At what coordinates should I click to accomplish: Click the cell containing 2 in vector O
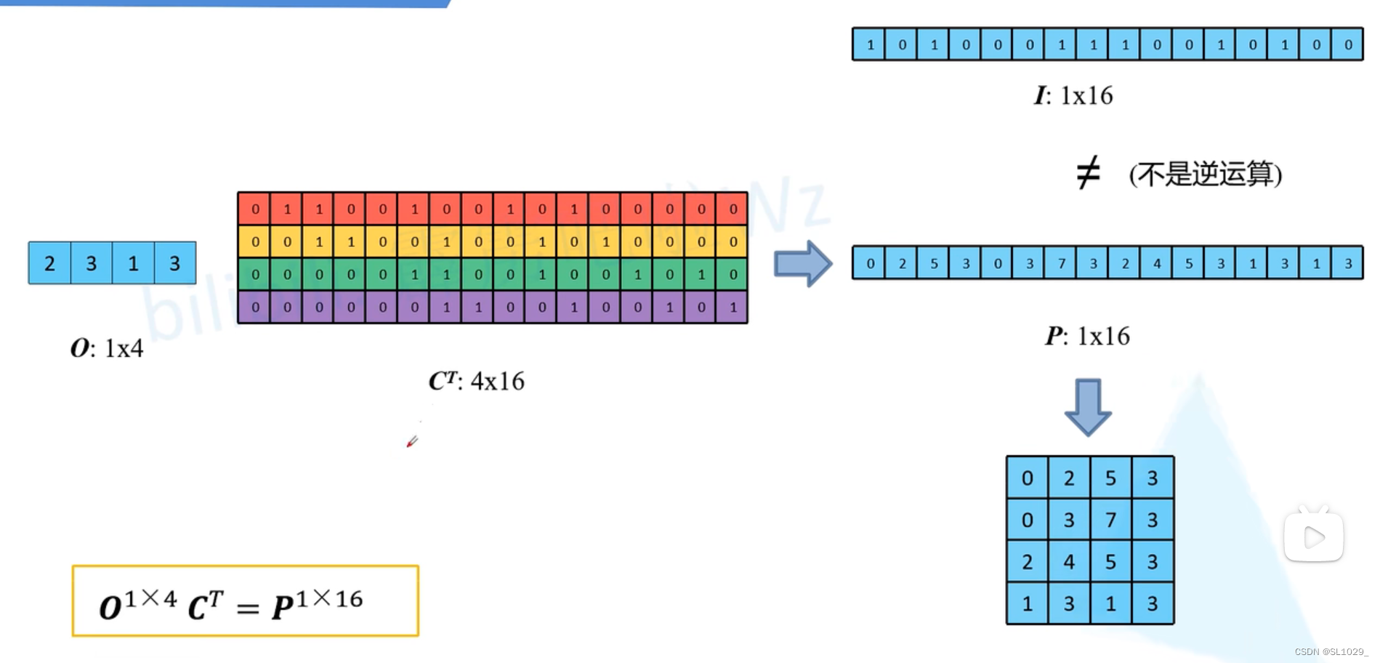(49, 263)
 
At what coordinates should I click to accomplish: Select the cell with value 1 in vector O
(133, 263)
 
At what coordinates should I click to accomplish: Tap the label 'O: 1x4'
(107, 348)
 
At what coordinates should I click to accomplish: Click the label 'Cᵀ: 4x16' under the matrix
(476, 381)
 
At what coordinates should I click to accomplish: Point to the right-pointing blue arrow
(802, 263)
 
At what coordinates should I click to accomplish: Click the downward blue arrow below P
(1087, 407)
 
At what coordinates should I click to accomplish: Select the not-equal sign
(1088, 174)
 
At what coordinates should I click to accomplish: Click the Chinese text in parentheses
(1205, 174)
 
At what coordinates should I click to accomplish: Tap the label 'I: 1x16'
(1073, 95)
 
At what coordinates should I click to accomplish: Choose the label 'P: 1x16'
(1087, 336)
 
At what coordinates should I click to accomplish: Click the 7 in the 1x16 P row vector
(1062, 263)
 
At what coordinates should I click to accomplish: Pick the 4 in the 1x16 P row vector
(1157, 263)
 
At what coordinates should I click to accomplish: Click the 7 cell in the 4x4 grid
(1110, 520)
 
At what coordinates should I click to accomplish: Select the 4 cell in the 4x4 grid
(1069, 562)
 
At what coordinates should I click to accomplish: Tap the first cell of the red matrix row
(255, 209)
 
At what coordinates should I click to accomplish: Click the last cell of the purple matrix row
(733, 308)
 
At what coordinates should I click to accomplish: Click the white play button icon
(1314, 537)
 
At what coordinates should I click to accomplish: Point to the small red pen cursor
(412, 441)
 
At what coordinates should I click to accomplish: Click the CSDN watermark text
(1331, 652)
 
